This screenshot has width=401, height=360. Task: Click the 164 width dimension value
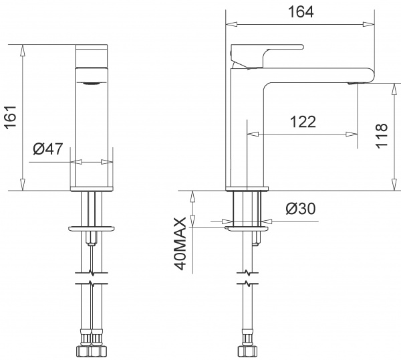pyautogui.click(x=298, y=11)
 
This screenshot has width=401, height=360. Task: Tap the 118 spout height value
pyautogui.click(x=382, y=137)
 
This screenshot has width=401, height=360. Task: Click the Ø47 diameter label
pyautogui.click(x=48, y=149)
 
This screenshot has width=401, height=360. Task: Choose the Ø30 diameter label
pyautogui.click(x=300, y=209)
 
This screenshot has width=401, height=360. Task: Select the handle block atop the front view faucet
pyautogui.click(x=93, y=56)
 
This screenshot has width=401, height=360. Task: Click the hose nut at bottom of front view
pyautogui.click(x=93, y=351)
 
